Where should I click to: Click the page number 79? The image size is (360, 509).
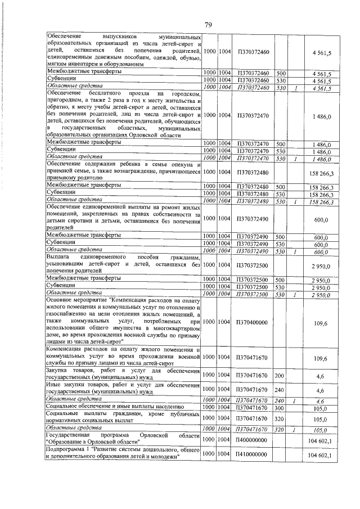pos(208,24)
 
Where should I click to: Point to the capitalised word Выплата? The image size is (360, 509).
pos(58,256)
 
